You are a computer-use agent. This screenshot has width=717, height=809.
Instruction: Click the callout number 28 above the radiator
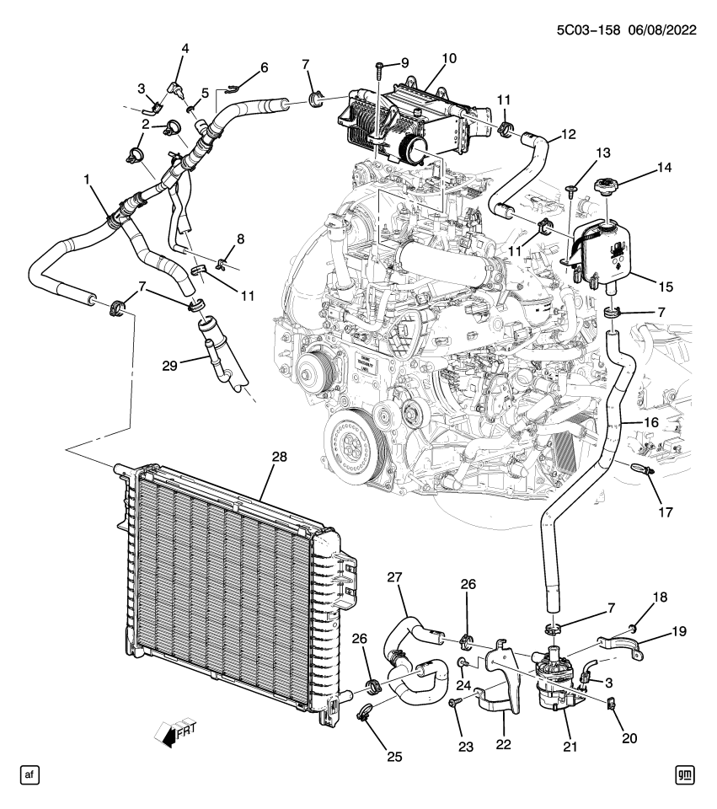tap(279, 457)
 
